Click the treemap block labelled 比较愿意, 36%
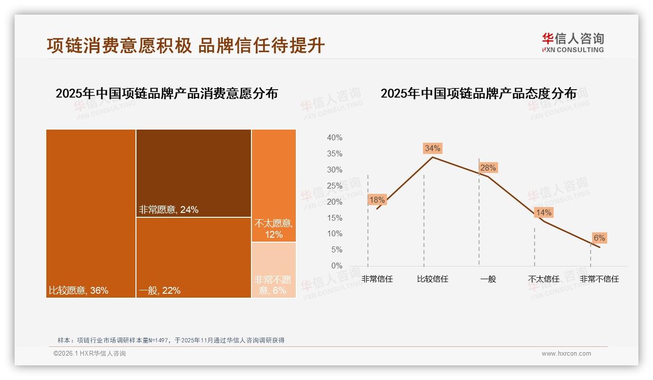pyautogui.click(x=91, y=213)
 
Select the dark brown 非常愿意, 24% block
pyautogui.click(x=193, y=173)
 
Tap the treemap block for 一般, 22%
pyautogui.click(x=193, y=257)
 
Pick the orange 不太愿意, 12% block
pyautogui.click(x=274, y=185)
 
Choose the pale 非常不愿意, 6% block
pyautogui.click(x=274, y=270)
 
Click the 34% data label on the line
pyautogui.click(x=432, y=148)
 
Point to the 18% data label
pyautogui.click(x=377, y=200)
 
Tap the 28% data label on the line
pyautogui.click(x=488, y=168)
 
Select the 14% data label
pyautogui.click(x=543, y=212)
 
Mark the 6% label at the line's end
pyautogui.click(x=599, y=238)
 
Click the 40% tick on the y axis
pyautogui.click(x=334, y=138)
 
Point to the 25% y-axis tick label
pyautogui.click(x=334, y=186)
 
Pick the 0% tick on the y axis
pyautogui.click(x=336, y=266)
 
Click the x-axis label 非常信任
pyautogui.click(x=377, y=279)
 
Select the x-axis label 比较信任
pyautogui.click(x=432, y=279)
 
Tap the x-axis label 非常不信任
pyautogui.click(x=599, y=279)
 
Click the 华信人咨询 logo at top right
pyautogui.click(x=573, y=42)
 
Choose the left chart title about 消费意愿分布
pyautogui.click(x=167, y=93)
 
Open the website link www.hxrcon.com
pyautogui.click(x=566, y=354)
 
